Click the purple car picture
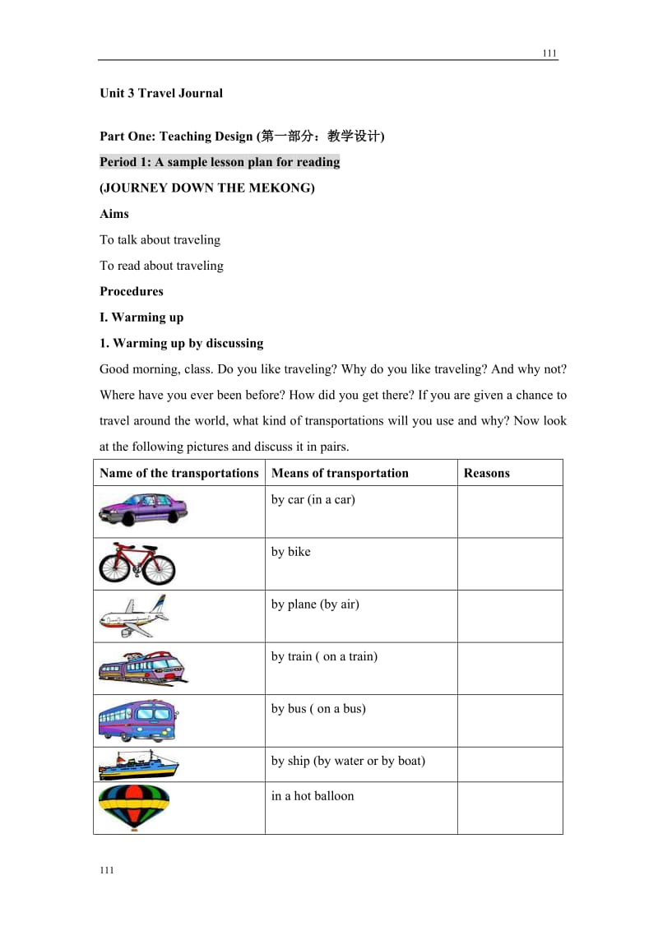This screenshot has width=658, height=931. tap(143, 509)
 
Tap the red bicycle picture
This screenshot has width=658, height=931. tap(137, 563)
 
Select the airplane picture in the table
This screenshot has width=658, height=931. tap(133, 616)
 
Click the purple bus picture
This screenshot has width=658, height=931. tap(137, 720)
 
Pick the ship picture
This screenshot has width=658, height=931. tap(138, 765)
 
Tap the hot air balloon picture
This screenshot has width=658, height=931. tap(133, 808)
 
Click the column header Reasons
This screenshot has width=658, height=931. tap(487, 473)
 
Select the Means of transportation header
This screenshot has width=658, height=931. tap(340, 473)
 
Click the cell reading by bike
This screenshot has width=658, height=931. tap(291, 552)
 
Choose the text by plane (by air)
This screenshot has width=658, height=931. tap(315, 604)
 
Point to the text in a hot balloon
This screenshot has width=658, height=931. tap(313, 796)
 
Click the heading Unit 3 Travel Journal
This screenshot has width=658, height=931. tap(161, 93)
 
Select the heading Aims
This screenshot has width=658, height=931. tap(114, 214)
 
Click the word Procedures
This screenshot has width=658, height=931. tap(132, 291)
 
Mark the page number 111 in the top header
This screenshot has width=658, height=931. tap(549, 53)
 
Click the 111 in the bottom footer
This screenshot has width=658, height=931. tap(107, 871)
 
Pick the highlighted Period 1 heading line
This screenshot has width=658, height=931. tap(220, 162)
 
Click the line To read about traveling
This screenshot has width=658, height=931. tap(161, 266)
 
